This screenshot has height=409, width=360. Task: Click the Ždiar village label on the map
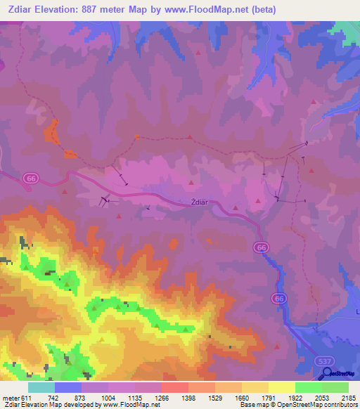[200, 202]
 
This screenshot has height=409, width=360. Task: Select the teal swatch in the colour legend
[41, 387]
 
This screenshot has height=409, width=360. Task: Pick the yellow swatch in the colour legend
[282, 387]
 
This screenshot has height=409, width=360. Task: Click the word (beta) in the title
[262, 10]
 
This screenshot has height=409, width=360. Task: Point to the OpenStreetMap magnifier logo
[328, 373]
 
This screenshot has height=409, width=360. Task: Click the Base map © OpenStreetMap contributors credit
[296, 405]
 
